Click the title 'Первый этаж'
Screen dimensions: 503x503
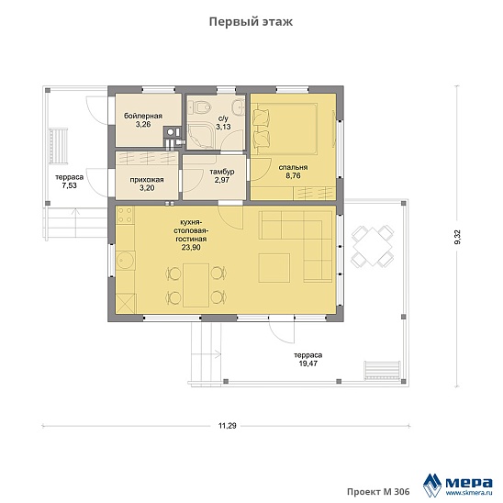coord(251,22)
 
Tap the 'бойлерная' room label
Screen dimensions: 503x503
coord(143,116)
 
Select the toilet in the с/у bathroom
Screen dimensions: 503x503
coord(199,106)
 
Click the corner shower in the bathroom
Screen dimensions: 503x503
coord(201,137)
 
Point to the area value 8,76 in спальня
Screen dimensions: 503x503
coord(293,176)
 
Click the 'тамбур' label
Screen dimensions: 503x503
coord(222,172)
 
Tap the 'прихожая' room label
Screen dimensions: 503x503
coord(147,180)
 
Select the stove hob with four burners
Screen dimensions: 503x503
coord(125,215)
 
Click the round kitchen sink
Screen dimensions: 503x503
coord(126,260)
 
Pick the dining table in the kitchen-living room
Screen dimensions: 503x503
coord(196,285)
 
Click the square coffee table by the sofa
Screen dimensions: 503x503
coord(274,268)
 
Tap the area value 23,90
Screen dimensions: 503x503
coord(192,247)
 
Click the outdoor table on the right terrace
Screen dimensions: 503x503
coord(373,246)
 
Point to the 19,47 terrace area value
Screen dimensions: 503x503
coord(308,363)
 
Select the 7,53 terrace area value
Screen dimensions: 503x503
coord(69,185)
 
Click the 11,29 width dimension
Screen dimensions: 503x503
coord(227,426)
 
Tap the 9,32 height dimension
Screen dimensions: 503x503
coord(457,237)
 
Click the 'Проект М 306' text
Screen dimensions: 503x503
coord(378,491)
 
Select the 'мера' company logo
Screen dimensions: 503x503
coord(458,485)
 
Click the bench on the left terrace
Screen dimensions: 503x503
coord(59,146)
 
